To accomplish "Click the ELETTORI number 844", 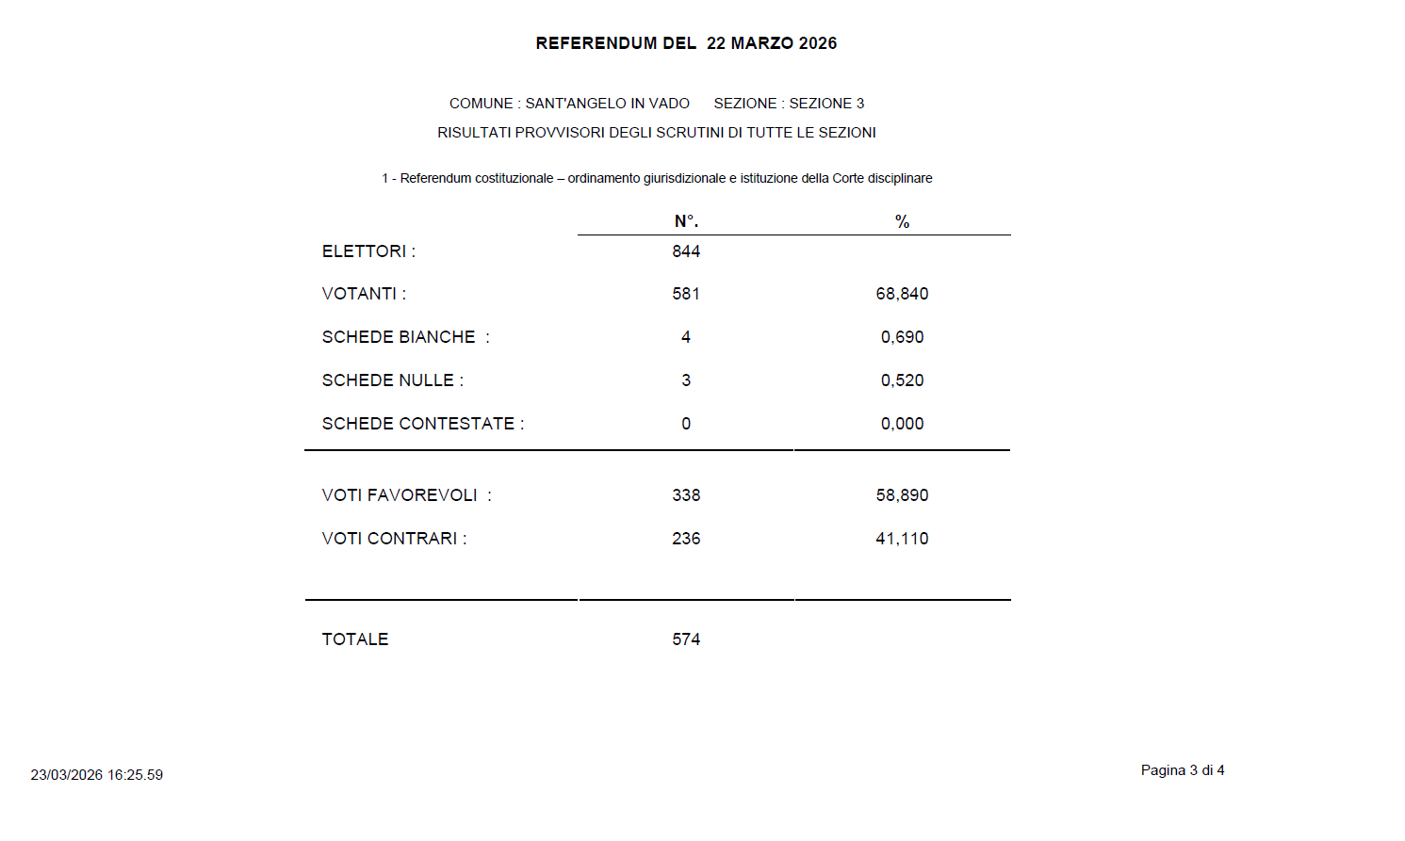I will click(686, 251).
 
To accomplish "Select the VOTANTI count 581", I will click(686, 294).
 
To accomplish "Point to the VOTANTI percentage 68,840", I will click(902, 294).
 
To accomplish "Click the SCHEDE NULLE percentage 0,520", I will click(902, 380).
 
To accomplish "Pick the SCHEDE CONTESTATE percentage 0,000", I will click(902, 424).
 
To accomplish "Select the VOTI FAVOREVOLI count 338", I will click(686, 495).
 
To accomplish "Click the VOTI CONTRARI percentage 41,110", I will click(902, 539).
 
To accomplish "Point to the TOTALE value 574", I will click(686, 639).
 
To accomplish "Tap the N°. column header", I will click(686, 221).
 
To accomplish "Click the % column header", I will click(902, 221).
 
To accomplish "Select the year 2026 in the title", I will click(817, 43).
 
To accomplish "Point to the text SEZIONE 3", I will click(826, 104).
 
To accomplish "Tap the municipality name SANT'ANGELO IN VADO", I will click(607, 104).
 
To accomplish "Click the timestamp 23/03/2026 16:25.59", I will click(96, 775).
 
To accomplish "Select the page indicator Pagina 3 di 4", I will click(1182, 770).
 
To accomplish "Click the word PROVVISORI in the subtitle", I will click(560, 133).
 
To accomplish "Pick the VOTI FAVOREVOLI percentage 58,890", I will click(902, 495).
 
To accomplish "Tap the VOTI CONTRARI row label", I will click(394, 539).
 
